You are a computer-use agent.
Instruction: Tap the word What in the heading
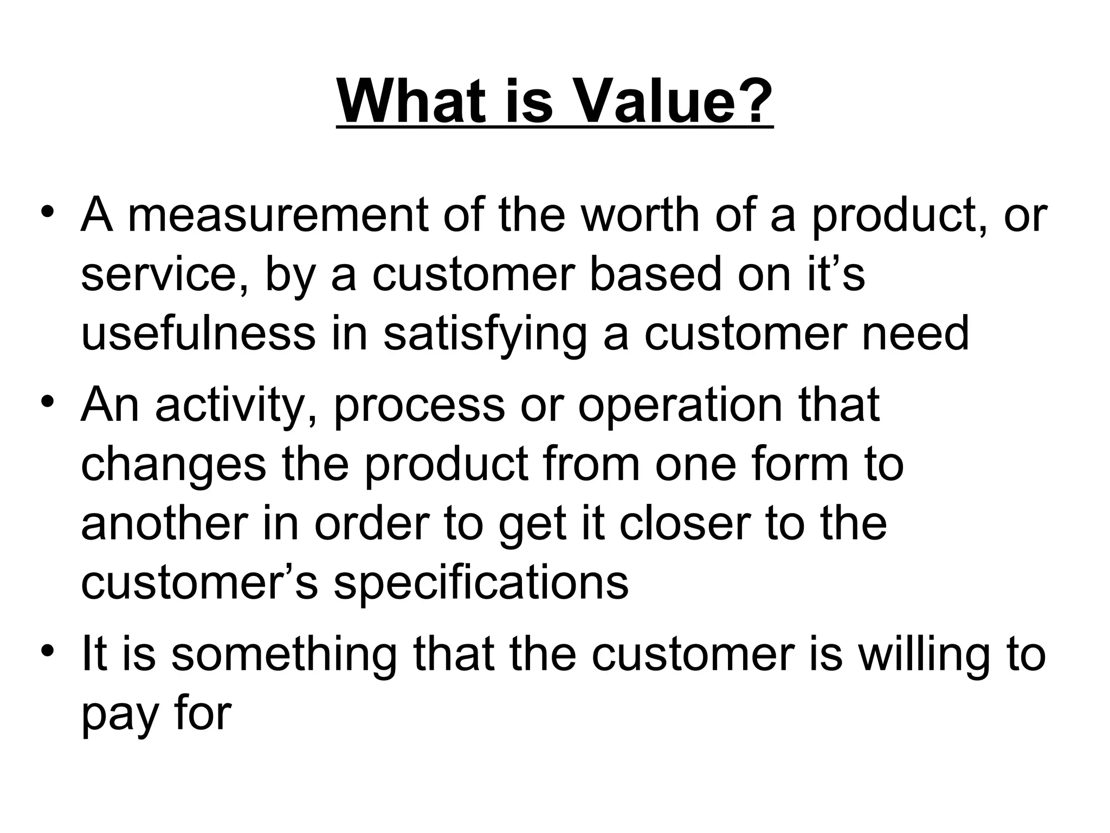411,101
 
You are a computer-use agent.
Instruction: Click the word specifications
481,585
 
